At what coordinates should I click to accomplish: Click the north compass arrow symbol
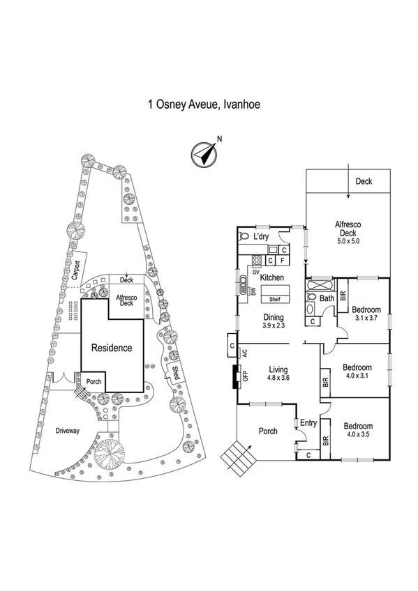203,153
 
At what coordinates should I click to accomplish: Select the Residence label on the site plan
112,347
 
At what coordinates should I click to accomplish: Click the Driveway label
68,431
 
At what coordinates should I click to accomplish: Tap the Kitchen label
271,278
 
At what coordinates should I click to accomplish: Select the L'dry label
261,237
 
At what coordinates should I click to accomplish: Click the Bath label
327,299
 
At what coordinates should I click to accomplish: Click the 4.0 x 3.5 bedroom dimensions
357,435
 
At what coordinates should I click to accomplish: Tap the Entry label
308,422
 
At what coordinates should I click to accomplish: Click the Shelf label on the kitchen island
274,300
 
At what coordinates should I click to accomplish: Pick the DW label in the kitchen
252,292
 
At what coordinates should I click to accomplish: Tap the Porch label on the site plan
93,382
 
